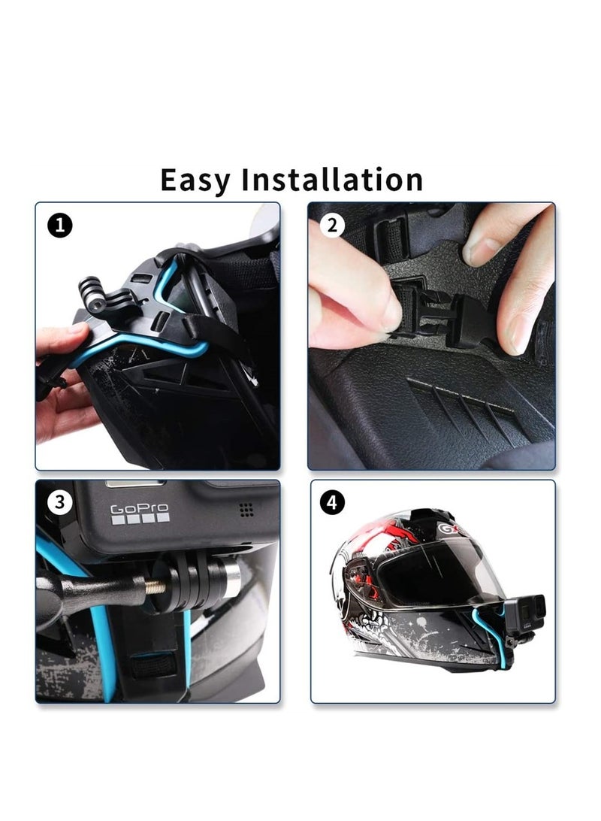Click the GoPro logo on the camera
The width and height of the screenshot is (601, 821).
(140, 514)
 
